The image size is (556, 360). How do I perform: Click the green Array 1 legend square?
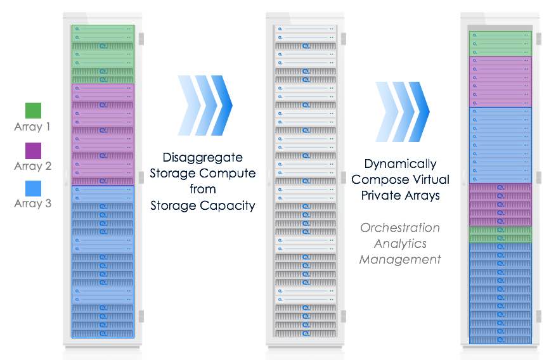point(33,110)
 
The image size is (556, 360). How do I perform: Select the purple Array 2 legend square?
point(33,150)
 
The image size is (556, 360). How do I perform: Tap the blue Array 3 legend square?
point(33,188)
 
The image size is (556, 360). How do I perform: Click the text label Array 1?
point(32,127)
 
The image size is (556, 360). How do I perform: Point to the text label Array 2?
point(32,166)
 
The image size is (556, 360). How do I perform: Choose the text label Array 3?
point(32,203)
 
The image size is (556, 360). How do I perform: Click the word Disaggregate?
point(203,157)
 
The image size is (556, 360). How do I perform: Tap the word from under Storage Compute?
point(203,189)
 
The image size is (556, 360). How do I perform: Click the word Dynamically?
point(400,164)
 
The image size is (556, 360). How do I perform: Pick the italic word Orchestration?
point(400,228)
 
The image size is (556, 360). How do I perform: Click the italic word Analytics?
point(400,243)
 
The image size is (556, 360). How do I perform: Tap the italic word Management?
point(400,259)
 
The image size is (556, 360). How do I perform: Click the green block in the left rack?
point(103,54)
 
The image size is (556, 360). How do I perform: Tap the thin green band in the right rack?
point(500,235)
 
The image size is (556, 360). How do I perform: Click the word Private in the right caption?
point(378,195)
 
